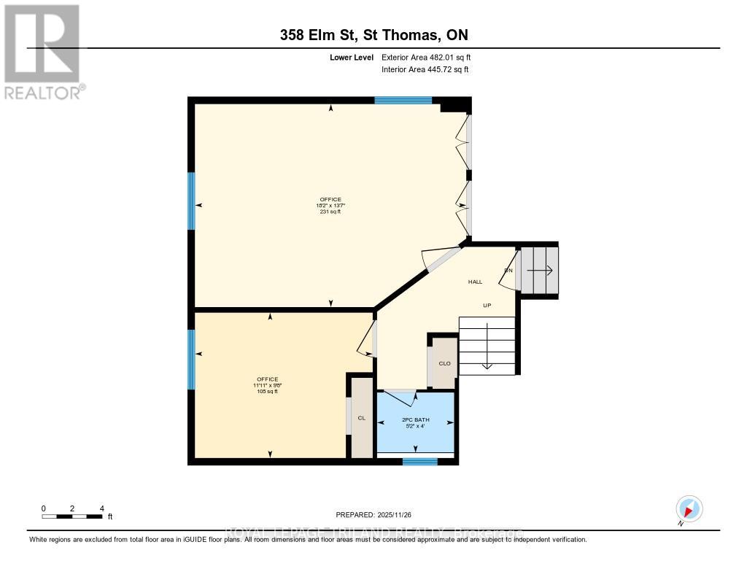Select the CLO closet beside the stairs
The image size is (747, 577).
(x=444, y=363)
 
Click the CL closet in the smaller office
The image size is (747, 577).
(x=361, y=418)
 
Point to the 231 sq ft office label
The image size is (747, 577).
(x=330, y=206)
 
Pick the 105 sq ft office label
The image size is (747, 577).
(x=267, y=385)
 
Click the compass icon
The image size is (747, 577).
(x=689, y=508)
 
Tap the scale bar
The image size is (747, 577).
(x=72, y=516)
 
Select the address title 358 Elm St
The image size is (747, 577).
(x=373, y=35)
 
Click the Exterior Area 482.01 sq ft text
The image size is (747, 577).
(x=431, y=57)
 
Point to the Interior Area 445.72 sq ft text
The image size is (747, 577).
(x=425, y=70)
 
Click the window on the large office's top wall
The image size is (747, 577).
(x=403, y=100)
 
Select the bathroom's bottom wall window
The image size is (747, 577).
(x=420, y=461)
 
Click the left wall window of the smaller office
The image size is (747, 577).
(x=192, y=360)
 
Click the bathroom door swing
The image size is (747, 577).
(x=400, y=398)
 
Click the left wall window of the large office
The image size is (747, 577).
(x=192, y=201)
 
